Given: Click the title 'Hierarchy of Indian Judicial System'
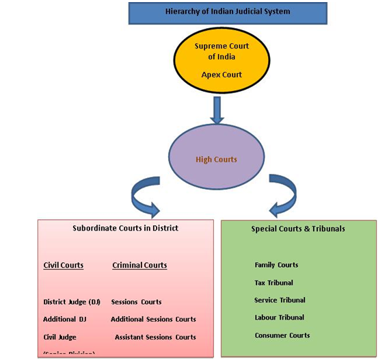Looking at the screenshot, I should pyautogui.click(x=217, y=12).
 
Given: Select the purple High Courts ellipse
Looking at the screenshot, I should pyautogui.click(x=216, y=159).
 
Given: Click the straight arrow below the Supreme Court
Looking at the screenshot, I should pyautogui.click(x=217, y=110).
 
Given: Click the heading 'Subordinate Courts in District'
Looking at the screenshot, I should pyautogui.click(x=125, y=228).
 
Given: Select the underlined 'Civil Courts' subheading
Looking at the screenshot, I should pyautogui.click(x=64, y=265).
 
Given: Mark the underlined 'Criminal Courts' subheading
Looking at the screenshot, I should pyautogui.click(x=139, y=265).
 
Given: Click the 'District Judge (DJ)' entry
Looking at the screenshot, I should pyautogui.click(x=72, y=301).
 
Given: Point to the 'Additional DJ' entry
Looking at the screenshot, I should pyautogui.click(x=66, y=319).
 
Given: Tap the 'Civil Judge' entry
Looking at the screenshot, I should pyautogui.click(x=59, y=337).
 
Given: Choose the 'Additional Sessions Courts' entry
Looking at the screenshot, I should pyautogui.click(x=153, y=319).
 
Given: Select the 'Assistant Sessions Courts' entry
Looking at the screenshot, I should pyautogui.click(x=155, y=337).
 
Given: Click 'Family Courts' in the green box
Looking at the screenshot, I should pyautogui.click(x=276, y=265).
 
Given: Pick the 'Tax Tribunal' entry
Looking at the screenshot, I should pyautogui.click(x=273, y=283).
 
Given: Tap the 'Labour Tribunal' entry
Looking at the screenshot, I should pyautogui.click(x=279, y=318).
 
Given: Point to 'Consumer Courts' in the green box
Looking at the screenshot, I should pyautogui.click(x=282, y=335).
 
